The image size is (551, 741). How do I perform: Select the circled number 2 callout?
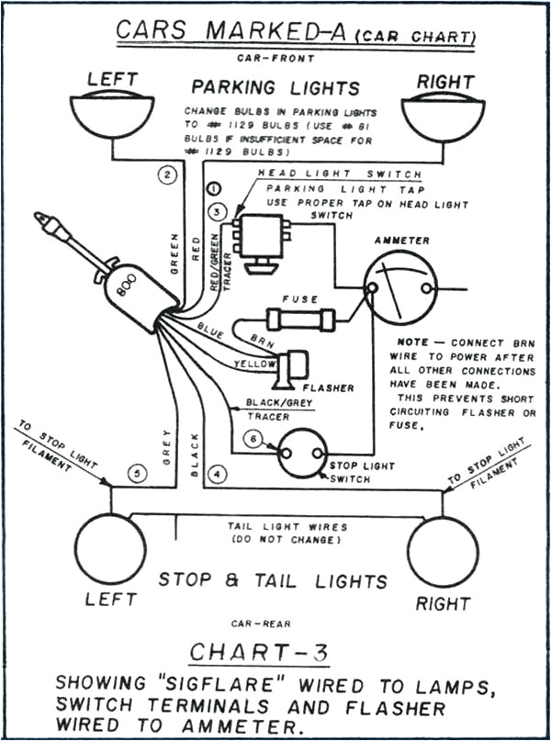(166, 174)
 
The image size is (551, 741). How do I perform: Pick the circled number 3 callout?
(217, 213)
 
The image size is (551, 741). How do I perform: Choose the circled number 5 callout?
(137, 474)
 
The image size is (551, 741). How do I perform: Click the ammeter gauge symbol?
(400, 286)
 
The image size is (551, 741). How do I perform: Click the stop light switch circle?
(303, 454)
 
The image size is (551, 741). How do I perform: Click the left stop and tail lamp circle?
(110, 549)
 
